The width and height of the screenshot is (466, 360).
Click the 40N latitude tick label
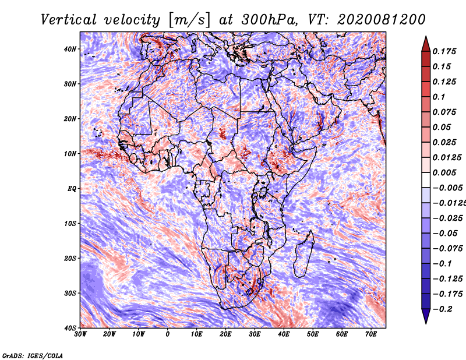coord(70,49)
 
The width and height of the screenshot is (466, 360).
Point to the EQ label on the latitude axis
coord(72,189)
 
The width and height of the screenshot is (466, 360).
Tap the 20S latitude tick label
coord(70,258)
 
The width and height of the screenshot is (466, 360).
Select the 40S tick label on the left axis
coord(70,328)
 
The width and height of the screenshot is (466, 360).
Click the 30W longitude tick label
coord(80,334)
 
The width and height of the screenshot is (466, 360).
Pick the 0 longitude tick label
coord(168,334)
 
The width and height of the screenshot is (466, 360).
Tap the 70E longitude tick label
coord(371,334)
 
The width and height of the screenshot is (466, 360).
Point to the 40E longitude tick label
coord(284,334)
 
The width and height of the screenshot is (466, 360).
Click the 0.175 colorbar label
coord(444,51)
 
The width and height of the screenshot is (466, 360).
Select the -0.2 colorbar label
coord(442,309)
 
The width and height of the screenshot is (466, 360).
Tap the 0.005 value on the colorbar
coord(444,172)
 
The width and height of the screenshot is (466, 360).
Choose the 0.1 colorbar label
coord(439,97)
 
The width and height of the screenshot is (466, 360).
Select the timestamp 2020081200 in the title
coord(382,20)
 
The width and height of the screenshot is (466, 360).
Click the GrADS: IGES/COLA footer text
coord(33,355)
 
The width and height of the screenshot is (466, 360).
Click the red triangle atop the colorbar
coord(426,44)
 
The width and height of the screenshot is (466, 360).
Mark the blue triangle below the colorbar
coord(426,316)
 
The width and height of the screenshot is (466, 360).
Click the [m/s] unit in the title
coord(189,20)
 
